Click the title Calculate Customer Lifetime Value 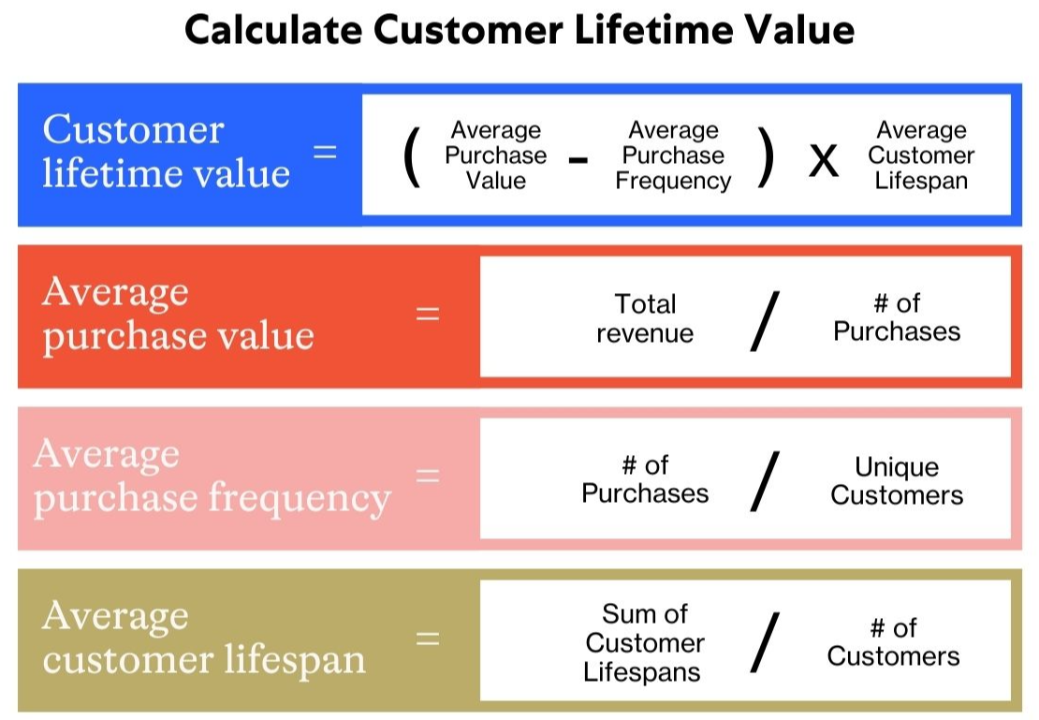click(x=519, y=31)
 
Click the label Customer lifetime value click(x=166, y=152)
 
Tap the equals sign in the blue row click(x=325, y=150)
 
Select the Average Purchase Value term click(x=495, y=155)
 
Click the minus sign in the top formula click(x=578, y=160)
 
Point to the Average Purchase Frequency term click(x=673, y=155)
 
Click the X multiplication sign click(x=823, y=160)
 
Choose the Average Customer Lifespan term click(x=921, y=155)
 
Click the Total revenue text click(x=645, y=318)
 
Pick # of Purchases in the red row click(x=897, y=317)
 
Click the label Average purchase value click(x=178, y=314)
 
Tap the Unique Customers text click(x=897, y=480)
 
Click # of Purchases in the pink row click(x=645, y=479)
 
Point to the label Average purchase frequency click(x=212, y=477)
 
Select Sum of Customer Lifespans click(x=644, y=642)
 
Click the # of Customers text click(x=894, y=641)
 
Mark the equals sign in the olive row click(x=428, y=639)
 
